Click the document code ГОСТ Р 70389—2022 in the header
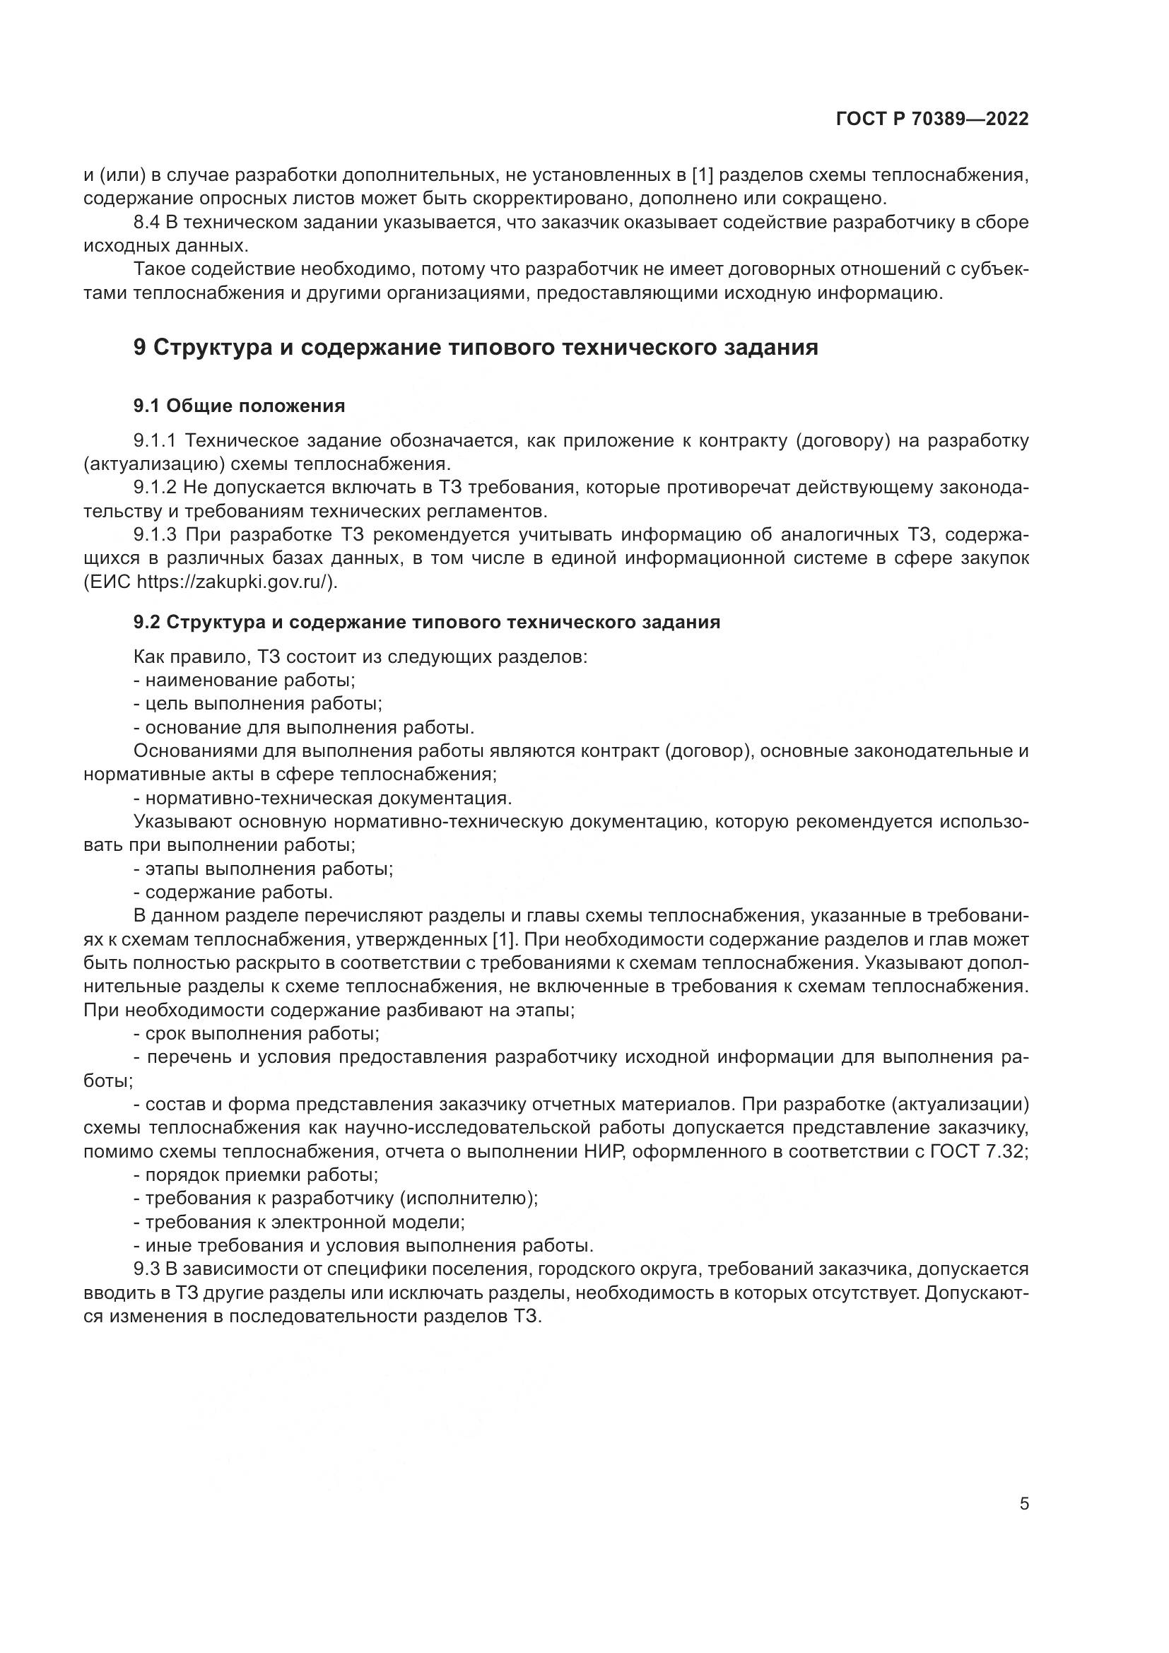pos(932,119)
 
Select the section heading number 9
pos(141,348)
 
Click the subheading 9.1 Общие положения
pos(239,406)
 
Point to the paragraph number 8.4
pos(147,223)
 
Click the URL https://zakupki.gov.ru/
pos(233,582)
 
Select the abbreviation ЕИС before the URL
pos(107,582)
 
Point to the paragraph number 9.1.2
pos(155,488)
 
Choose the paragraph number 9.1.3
pos(155,535)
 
